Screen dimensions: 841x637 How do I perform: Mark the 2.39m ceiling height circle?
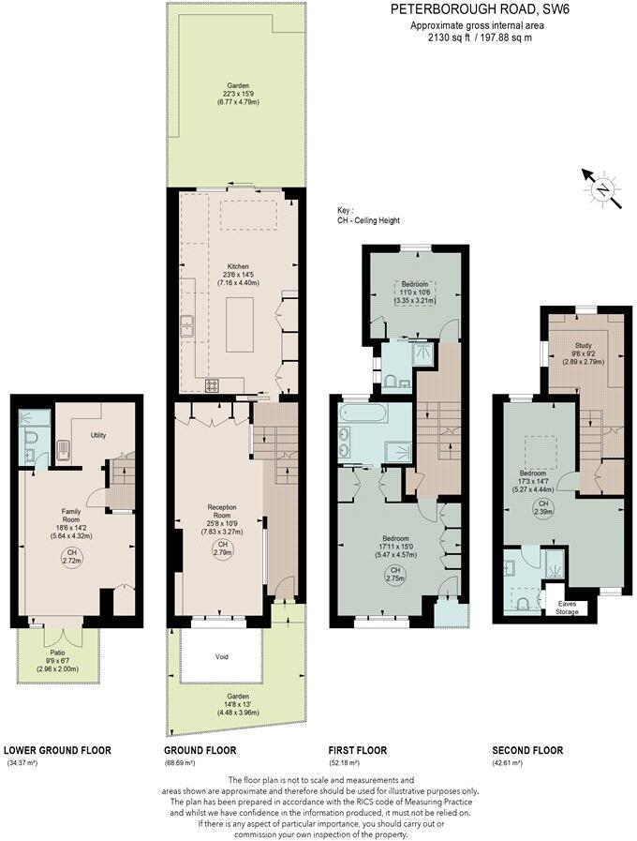pos(541,507)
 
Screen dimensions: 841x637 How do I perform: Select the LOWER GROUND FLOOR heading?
pos(57,750)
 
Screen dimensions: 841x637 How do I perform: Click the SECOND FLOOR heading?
pos(527,750)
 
